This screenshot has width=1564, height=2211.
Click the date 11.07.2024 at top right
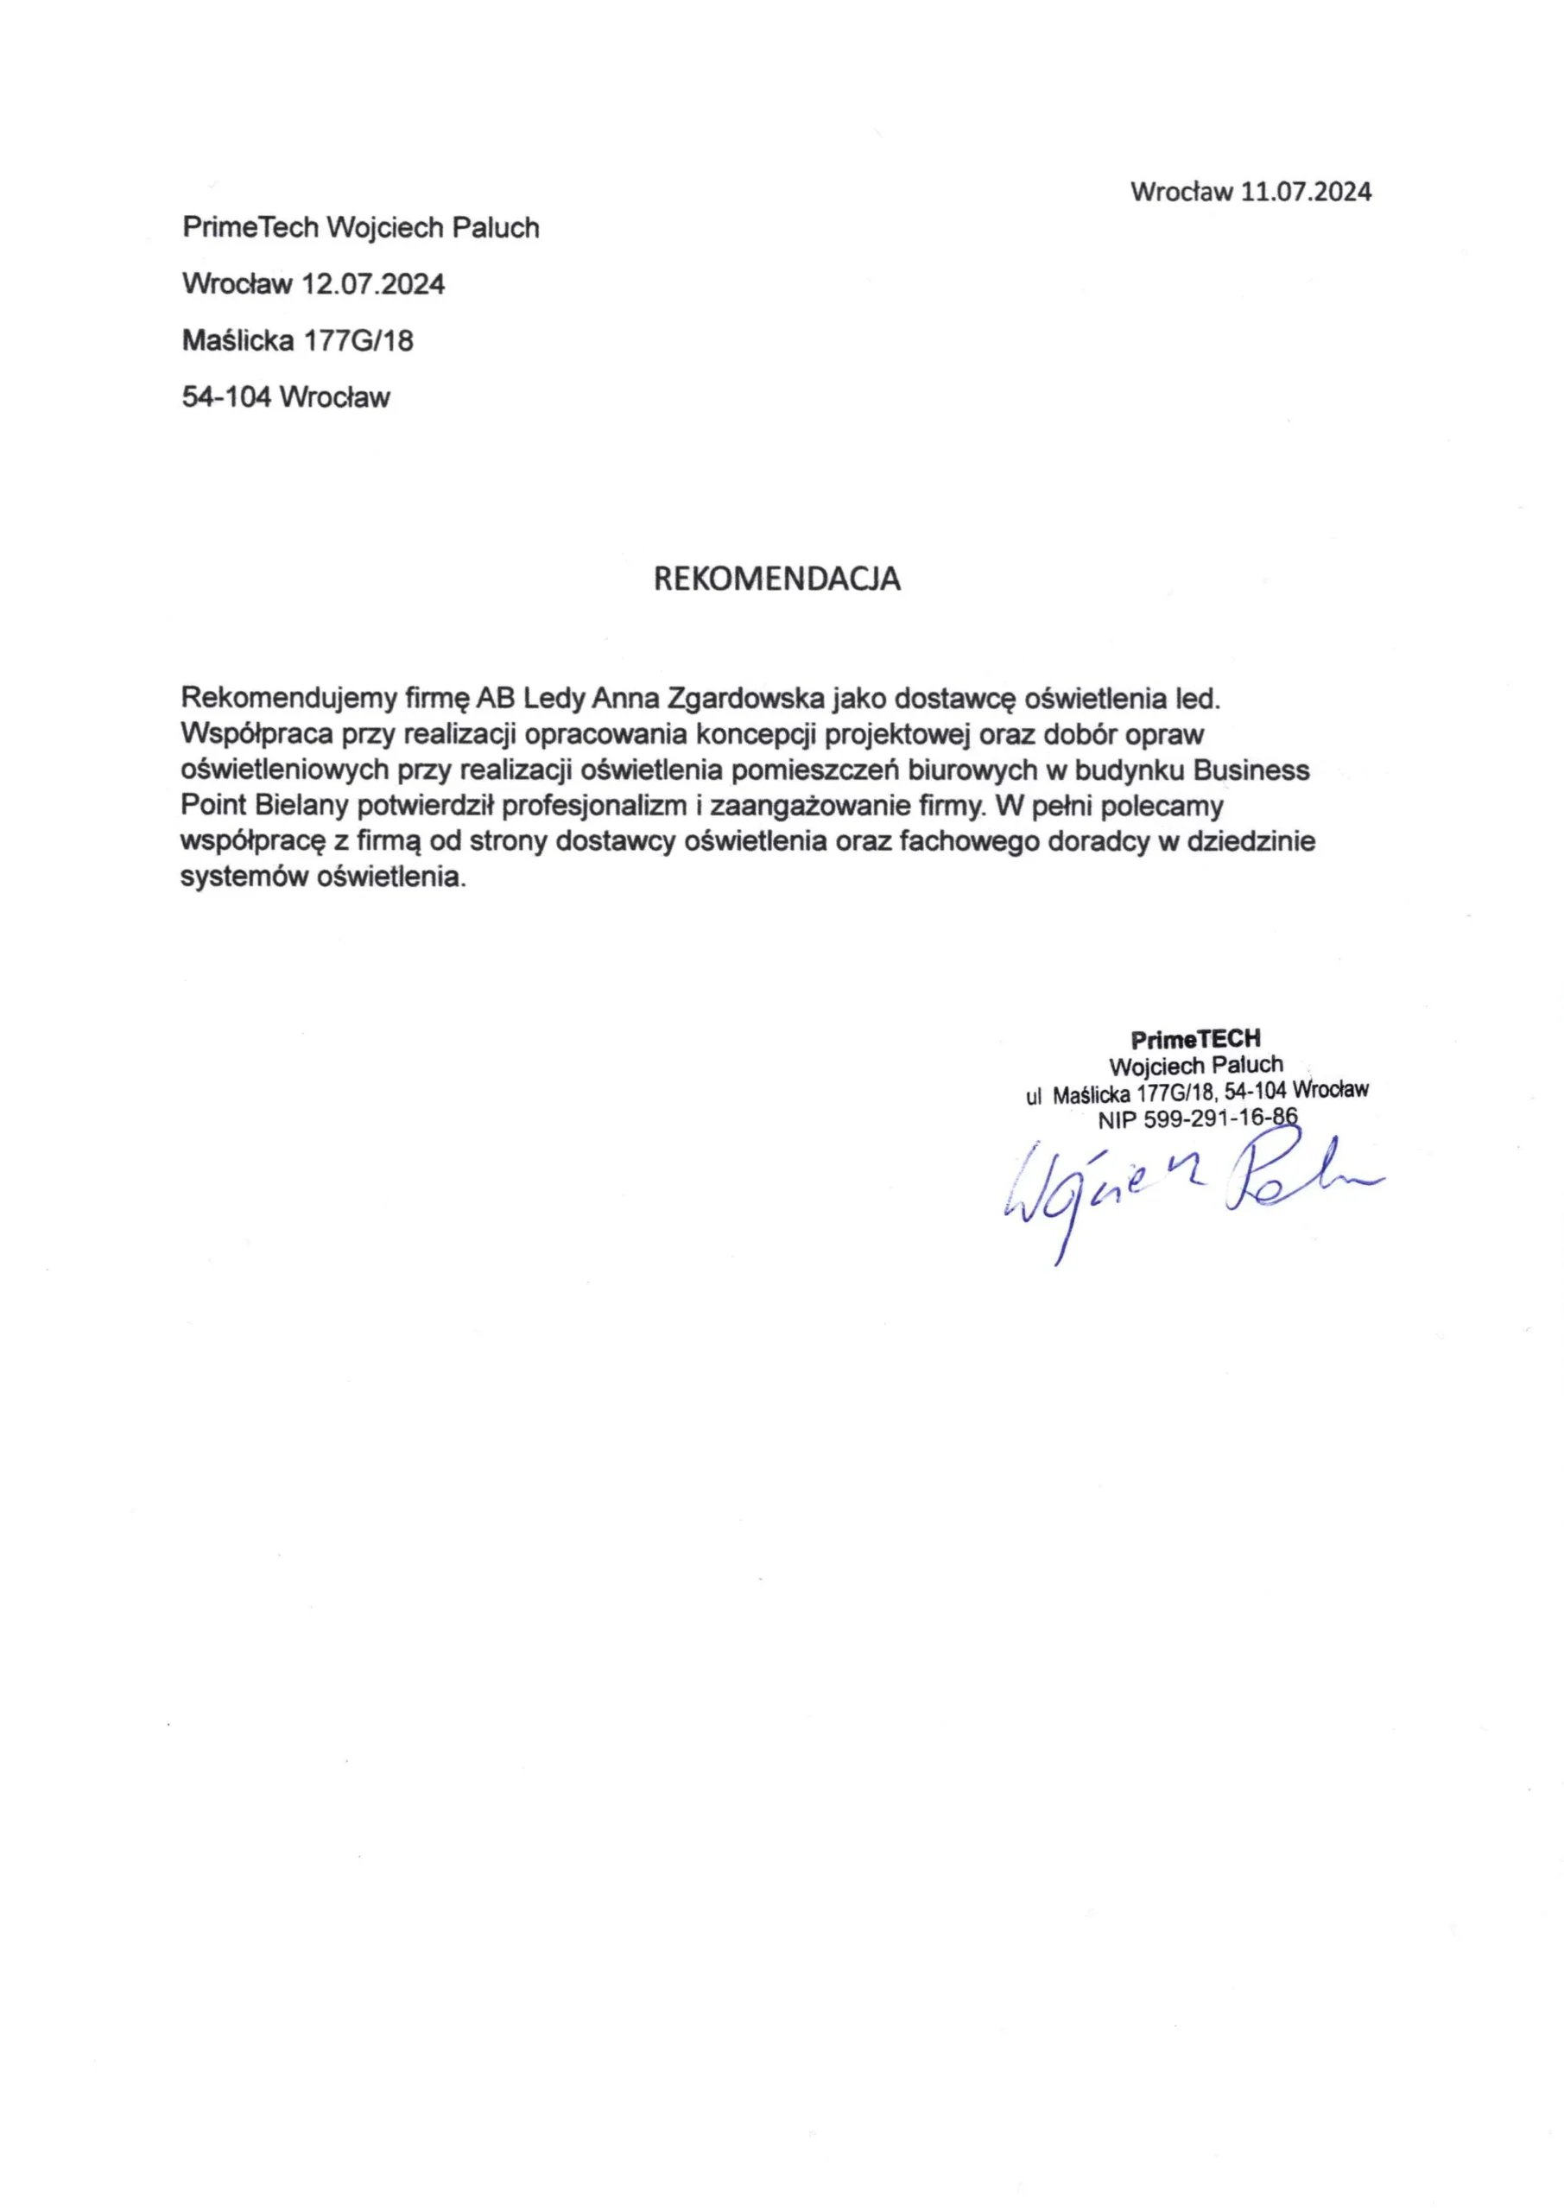tap(1305, 192)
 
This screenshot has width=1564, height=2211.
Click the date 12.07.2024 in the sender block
tap(373, 284)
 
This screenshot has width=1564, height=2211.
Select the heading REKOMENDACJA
tap(777, 578)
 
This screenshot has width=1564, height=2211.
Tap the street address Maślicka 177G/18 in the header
tap(298, 340)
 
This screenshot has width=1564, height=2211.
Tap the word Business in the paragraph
tap(1251, 770)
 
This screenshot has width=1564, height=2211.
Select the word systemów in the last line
tap(244, 877)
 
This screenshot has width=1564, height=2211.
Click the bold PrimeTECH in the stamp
tap(1195, 1039)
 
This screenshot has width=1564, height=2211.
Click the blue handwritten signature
tap(1185, 1189)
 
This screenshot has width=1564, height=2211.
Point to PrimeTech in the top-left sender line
tap(250, 228)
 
